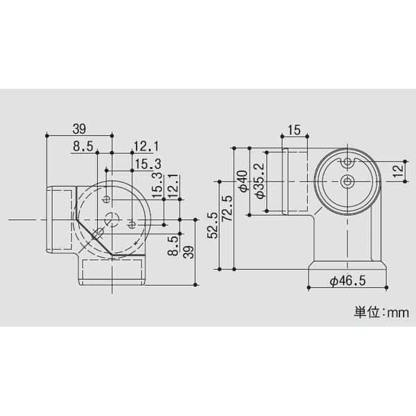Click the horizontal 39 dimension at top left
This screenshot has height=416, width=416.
click(x=78, y=129)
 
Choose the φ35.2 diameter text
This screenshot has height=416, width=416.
click(x=259, y=181)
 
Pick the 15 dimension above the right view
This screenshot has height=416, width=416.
click(x=293, y=130)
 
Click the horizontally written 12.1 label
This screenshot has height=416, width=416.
click(x=147, y=146)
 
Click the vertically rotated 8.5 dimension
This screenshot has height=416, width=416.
click(x=174, y=247)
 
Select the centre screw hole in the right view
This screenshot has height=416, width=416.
click(x=347, y=182)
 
